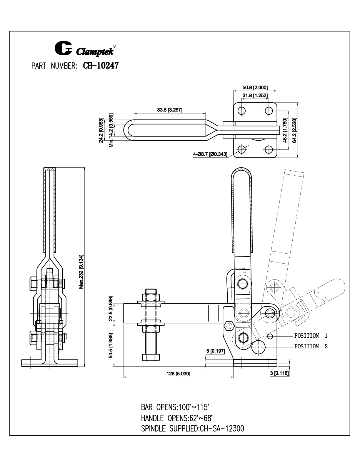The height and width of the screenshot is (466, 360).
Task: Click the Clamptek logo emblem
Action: pos(63,49)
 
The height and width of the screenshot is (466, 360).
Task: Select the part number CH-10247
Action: pos(101,65)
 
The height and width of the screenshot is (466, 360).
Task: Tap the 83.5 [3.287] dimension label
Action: pos(170,110)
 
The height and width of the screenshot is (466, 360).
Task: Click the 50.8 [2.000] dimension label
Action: pos(255,87)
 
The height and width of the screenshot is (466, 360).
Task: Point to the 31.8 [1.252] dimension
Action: pos(255,95)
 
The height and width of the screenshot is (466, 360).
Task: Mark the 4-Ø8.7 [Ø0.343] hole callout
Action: pos(210,154)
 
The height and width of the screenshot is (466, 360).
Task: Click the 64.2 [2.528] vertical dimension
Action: pos(295,130)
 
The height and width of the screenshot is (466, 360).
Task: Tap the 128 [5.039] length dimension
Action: pos(178,374)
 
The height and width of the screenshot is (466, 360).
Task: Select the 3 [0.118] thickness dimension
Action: pos(279,373)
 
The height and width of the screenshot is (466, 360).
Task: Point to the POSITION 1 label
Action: pos(311,336)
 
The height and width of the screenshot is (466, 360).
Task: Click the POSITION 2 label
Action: pos(311,346)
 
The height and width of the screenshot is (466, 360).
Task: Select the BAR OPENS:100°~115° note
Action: pos(175,407)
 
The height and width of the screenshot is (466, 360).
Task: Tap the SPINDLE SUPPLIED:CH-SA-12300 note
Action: pos(192,429)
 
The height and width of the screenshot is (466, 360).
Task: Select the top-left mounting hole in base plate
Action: pos(241,111)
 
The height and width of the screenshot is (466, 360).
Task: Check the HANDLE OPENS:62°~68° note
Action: pos(177,418)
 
